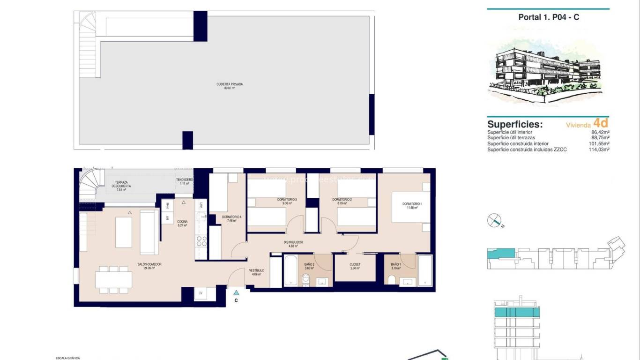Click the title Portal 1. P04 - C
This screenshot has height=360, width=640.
[x=548, y=17]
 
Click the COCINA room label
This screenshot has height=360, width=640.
[x=182, y=223]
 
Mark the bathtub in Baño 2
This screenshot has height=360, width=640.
[x=290, y=270]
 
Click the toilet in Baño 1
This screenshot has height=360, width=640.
[x=392, y=280]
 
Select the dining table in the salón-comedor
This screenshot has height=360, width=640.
[x=113, y=280]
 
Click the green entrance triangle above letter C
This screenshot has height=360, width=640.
[x=236, y=292]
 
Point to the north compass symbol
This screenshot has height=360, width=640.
[x=494, y=220]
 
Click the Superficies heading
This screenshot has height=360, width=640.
[x=514, y=124]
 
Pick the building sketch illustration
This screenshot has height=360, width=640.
[x=548, y=70]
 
